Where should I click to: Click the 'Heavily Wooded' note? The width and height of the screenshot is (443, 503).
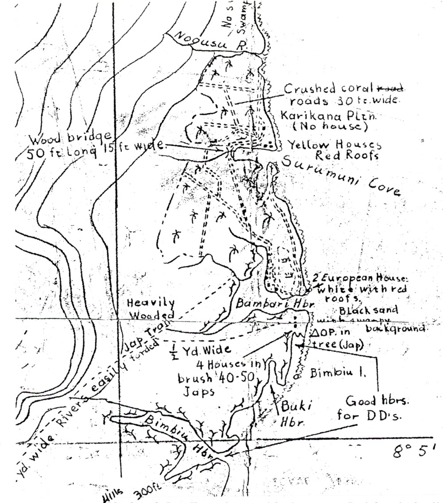point(150,308)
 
